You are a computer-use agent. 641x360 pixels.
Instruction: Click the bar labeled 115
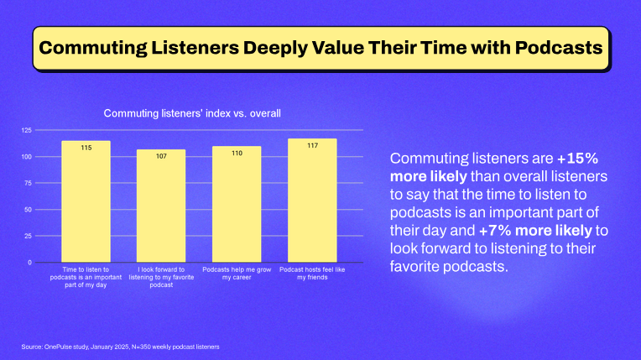pos(86,201)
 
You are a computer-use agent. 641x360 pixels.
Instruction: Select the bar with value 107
pos(161,206)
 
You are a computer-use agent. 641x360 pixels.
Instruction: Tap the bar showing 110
pos(237,204)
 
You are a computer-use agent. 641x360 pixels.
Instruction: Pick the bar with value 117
pos(311,201)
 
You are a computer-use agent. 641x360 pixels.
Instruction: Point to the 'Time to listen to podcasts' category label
pos(86,276)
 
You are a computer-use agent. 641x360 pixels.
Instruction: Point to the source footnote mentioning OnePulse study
pos(122,347)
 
